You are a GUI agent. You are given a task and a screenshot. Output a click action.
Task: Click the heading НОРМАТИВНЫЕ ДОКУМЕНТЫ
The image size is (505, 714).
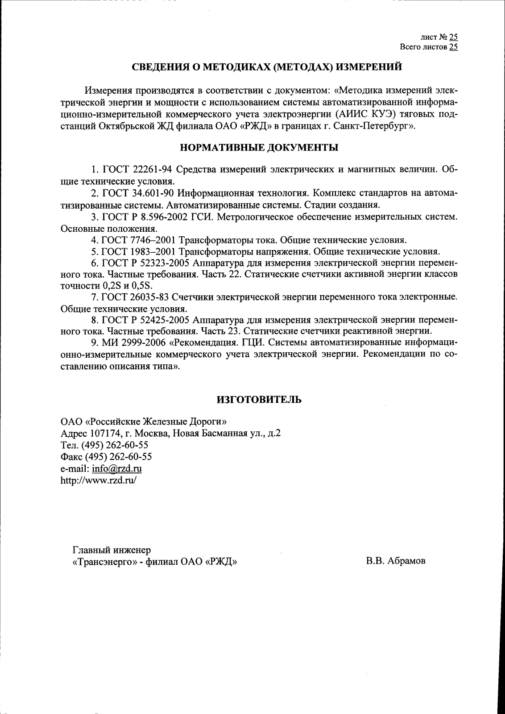(259, 147)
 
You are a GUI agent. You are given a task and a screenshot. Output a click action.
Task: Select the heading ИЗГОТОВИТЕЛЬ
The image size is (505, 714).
(259, 399)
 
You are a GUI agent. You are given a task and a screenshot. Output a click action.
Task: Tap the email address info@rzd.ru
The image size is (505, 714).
(117, 468)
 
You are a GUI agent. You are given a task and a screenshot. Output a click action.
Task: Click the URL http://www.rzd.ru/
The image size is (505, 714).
(98, 480)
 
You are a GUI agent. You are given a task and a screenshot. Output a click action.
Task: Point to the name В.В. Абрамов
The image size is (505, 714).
(396, 561)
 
